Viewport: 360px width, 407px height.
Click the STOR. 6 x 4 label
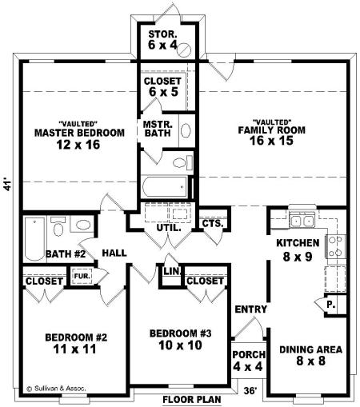tap(162, 40)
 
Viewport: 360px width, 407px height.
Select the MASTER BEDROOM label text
tap(79, 133)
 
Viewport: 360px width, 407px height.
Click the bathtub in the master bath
tap(165, 186)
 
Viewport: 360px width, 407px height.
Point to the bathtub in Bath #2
tap(34, 239)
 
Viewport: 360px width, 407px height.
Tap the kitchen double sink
tap(302, 221)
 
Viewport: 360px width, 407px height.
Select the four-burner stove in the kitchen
tap(334, 246)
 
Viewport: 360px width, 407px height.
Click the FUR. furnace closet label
tap(82, 276)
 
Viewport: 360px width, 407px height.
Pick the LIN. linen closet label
tap(172, 272)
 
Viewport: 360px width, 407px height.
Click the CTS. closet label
tap(213, 223)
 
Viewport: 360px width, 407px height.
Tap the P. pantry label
tap(331, 305)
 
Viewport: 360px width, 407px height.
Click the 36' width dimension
tap(250, 390)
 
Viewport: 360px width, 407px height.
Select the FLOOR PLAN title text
tap(192, 400)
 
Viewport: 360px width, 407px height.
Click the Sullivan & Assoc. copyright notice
tap(56, 389)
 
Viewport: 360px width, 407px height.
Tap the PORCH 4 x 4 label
tap(248, 361)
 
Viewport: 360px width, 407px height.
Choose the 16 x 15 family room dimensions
tap(271, 141)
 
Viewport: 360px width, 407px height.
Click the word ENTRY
tap(250, 309)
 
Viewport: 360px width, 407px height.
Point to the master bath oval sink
tap(186, 130)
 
